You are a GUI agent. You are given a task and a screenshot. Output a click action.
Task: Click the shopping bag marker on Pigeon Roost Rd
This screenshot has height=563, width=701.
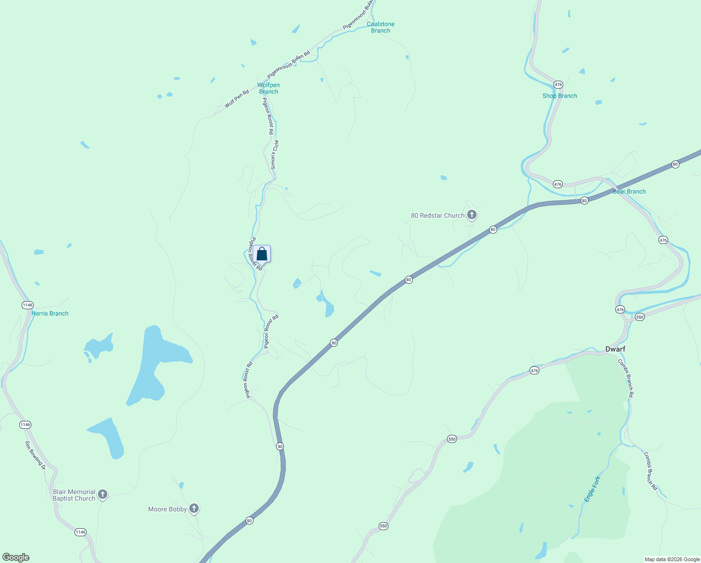tap(262, 254)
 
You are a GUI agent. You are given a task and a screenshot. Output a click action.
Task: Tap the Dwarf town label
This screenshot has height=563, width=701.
tap(615, 349)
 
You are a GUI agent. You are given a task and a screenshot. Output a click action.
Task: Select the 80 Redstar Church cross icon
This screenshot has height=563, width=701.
tap(472, 215)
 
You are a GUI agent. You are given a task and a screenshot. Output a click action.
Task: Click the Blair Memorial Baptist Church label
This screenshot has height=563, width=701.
tap(74, 495)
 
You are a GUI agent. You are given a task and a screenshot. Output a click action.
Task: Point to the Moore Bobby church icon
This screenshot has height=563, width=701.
tap(194, 509)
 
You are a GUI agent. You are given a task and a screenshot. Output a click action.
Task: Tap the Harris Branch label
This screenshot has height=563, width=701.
tap(50, 313)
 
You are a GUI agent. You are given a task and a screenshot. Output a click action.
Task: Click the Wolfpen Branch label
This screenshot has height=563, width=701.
tap(268, 88)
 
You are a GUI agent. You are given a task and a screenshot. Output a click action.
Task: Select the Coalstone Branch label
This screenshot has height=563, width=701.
tap(380, 27)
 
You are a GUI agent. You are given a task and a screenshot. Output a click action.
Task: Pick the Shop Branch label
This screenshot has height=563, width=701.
tap(559, 96)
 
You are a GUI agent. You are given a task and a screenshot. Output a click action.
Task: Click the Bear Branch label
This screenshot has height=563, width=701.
tap(629, 191)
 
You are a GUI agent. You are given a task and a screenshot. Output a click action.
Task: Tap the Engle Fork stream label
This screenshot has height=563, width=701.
tap(592, 489)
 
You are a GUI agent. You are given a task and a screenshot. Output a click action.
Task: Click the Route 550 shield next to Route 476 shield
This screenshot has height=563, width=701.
tap(640, 317)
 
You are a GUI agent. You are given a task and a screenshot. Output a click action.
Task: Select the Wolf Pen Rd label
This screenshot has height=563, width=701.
tap(237, 99)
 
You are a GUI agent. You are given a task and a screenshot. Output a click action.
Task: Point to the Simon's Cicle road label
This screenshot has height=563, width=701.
tap(275, 155)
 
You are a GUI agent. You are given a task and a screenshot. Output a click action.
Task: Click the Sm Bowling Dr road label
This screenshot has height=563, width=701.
tap(35, 455)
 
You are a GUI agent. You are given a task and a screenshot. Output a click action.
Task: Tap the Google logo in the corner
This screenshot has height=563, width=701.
tap(15, 557)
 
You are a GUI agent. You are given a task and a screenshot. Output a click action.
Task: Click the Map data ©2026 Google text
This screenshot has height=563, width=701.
tap(671, 559)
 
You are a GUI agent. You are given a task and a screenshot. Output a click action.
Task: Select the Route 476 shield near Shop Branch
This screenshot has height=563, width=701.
tap(558, 84)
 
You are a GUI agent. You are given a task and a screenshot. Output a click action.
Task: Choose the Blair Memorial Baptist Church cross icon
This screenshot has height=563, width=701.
tap(103, 494)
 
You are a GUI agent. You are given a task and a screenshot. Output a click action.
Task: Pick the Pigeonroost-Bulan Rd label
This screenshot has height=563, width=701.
tap(289, 65)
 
